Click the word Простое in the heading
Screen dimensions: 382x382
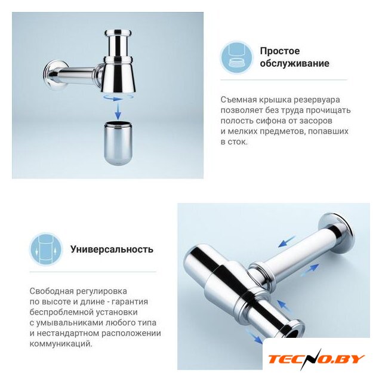point(280,51)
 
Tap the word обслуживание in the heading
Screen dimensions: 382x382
point(294,63)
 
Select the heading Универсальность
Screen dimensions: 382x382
point(112,249)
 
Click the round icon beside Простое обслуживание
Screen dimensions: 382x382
point(236,57)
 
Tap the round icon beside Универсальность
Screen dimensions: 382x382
point(46,249)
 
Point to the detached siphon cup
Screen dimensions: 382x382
point(118,143)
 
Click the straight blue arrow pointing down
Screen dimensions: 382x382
point(118,110)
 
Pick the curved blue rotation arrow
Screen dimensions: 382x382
point(118,97)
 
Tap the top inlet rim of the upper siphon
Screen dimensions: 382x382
point(118,32)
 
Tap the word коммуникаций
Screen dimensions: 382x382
point(61,344)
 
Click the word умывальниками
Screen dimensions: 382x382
point(70,323)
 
